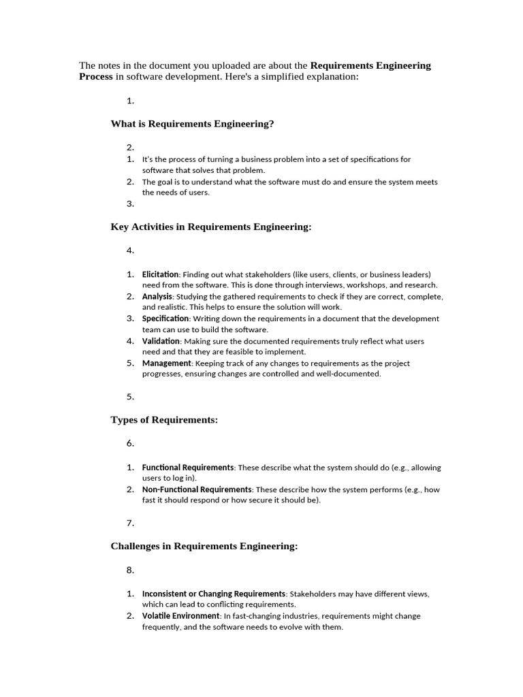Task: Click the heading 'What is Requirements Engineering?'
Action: (192, 124)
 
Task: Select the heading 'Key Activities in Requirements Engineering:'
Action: (210, 227)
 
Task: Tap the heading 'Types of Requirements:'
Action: (164, 420)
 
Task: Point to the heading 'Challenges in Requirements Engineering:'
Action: (204, 546)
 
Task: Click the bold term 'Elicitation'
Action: (160, 274)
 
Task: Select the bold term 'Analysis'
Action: (157, 297)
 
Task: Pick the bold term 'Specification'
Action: (165, 319)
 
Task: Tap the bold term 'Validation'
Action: (161, 341)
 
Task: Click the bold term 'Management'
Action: (166, 363)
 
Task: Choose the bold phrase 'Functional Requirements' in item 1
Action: (188, 468)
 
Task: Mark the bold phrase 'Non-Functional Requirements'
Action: (197, 489)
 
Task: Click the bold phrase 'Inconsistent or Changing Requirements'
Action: (213, 594)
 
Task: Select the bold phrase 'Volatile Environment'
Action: (180, 616)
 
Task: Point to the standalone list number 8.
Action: (130, 570)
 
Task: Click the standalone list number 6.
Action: (130, 443)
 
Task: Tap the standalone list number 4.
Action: (130, 250)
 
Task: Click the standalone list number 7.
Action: (130, 523)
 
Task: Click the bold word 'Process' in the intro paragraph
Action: (96, 77)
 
